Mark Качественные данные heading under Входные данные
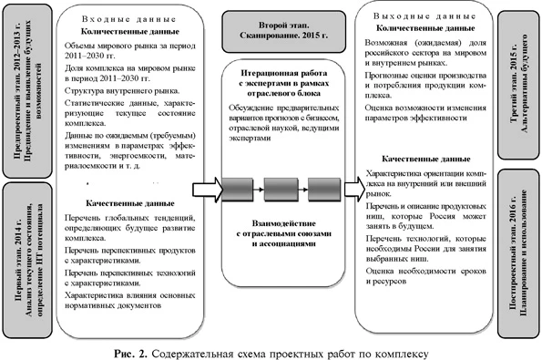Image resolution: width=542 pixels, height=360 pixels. [128, 202]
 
